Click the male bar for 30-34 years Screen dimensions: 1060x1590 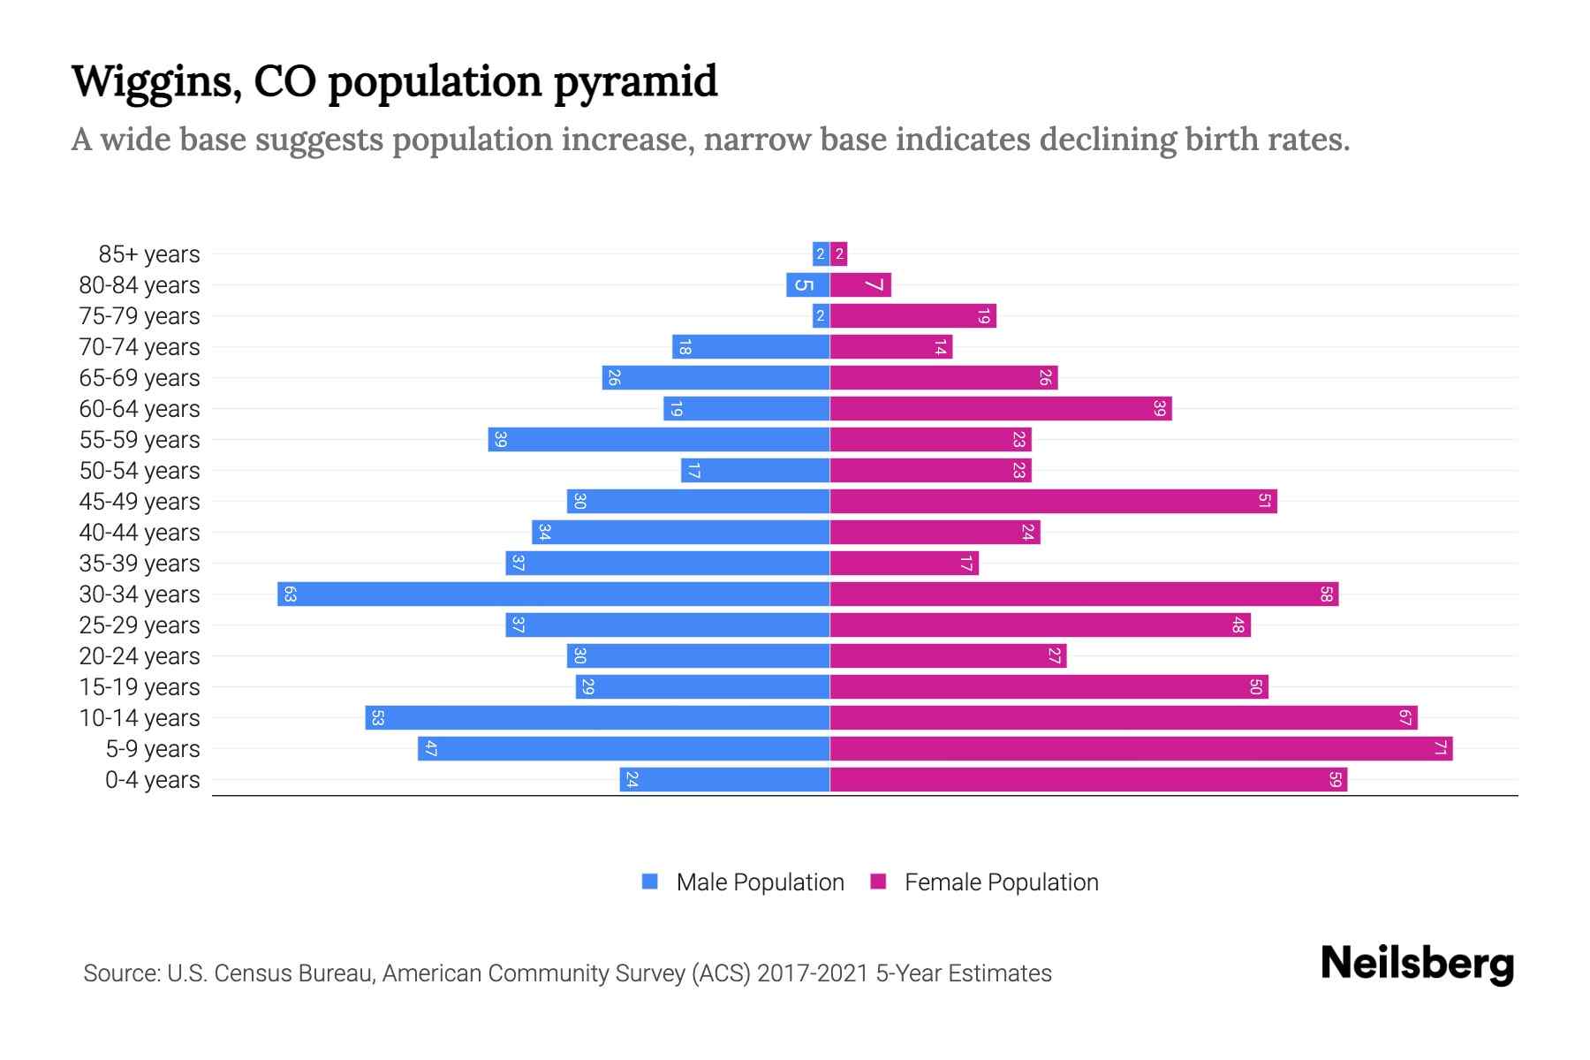coord(553,594)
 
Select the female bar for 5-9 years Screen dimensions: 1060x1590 coord(1140,748)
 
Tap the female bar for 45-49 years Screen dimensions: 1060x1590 coord(1053,501)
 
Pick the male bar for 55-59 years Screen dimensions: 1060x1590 coord(658,439)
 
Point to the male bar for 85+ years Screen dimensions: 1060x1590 coord(821,254)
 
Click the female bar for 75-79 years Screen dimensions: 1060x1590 coord(912,315)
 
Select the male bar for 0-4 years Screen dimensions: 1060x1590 coord(724,779)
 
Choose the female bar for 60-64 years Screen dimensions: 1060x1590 coord(1000,408)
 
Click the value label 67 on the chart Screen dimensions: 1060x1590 coord(1404,717)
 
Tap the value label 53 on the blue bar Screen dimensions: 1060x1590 coord(377,717)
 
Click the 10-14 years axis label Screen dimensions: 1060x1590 coord(140,717)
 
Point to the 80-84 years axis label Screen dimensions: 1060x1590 coord(140,284)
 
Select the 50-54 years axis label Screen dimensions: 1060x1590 coord(140,470)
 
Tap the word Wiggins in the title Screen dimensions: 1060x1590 coord(155,81)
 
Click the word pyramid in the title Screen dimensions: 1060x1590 coord(635,81)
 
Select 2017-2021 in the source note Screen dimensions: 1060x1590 coord(812,973)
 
